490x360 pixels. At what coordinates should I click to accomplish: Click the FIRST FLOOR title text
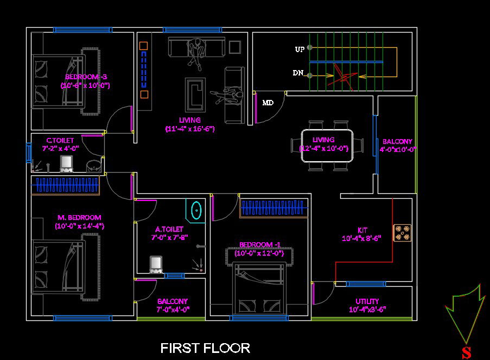[x=205, y=348]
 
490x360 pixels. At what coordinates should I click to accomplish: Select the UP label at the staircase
[x=300, y=49]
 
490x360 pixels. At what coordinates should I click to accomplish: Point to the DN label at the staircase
[x=298, y=73]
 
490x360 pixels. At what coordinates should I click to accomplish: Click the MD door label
[x=268, y=103]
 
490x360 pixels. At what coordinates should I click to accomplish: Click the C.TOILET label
[x=60, y=141]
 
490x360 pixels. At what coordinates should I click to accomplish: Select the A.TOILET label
[x=169, y=230]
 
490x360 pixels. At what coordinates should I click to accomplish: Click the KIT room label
[x=362, y=230]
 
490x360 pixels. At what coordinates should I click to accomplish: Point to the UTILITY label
[x=367, y=301]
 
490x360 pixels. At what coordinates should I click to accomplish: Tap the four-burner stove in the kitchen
[x=402, y=232]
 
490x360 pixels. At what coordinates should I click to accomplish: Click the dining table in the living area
[x=327, y=146]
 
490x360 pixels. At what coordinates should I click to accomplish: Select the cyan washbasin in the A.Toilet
[x=196, y=211]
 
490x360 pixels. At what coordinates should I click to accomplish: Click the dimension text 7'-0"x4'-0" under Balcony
[x=173, y=310]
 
